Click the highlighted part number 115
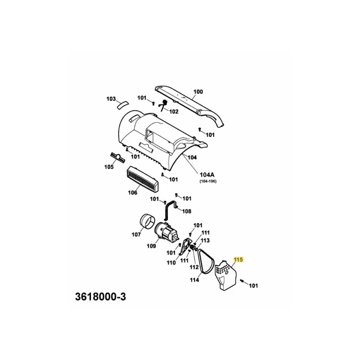click(x=238, y=260)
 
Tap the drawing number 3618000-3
click(x=100, y=297)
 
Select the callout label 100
click(x=198, y=92)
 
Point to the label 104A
click(x=207, y=175)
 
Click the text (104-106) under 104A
click(x=208, y=181)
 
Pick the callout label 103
click(x=111, y=99)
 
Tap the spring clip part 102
click(x=163, y=105)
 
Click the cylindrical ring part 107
click(x=147, y=221)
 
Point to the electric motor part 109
click(x=166, y=234)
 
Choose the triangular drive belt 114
click(x=206, y=262)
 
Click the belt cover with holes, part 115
click(x=225, y=275)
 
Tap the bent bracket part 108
click(x=171, y=209)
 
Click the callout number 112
click(x=194, y=267)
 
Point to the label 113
click(x=205, y=240)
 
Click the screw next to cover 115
click(x=242, y=280)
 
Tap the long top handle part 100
click(x=189, y=105)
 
